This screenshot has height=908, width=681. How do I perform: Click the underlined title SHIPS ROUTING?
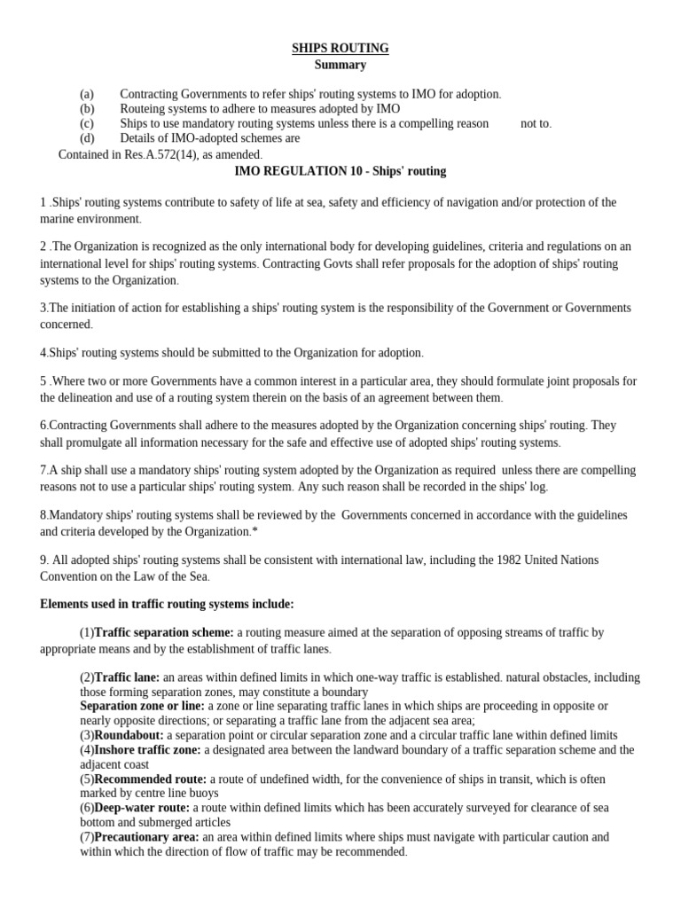tap(340, 48)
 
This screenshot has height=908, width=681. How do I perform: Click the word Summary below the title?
tap(340, 65)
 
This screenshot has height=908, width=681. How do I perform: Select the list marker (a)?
tap(86, 94)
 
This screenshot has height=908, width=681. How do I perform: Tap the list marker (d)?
tap(86, 138)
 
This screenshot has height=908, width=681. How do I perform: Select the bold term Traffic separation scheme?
tap(164, 632)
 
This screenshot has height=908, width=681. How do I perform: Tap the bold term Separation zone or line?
tap(142, 706)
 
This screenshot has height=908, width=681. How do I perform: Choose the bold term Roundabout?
tap(129, 735)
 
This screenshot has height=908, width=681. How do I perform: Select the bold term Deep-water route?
tap(142, 808)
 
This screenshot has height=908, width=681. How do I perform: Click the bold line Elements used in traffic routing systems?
tap(167, 604)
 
